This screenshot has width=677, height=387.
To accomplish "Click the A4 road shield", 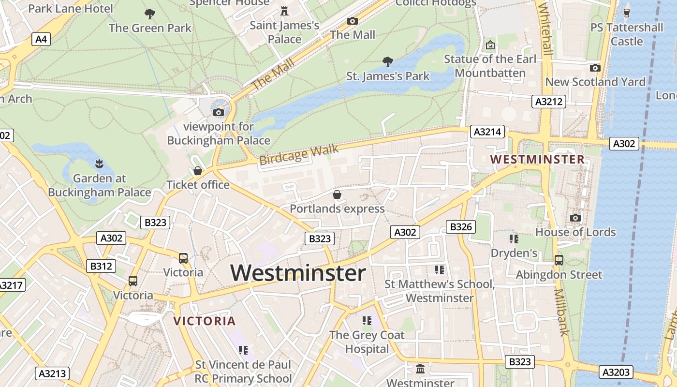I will click(41, 39).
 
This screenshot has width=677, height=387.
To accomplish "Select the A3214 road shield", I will click(488, 132).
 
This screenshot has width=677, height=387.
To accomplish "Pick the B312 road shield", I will click(101, 266).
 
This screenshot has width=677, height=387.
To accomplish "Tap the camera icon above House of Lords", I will click(575, 218).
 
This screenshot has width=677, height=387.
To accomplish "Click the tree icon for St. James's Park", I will click(387, 61).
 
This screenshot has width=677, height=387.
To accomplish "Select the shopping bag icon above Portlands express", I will click(337, 194).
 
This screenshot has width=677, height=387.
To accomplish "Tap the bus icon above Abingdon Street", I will click(559, 260).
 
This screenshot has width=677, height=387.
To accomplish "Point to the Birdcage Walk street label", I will click(299, 155).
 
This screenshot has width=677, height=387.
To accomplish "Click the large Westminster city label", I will click(298, 273).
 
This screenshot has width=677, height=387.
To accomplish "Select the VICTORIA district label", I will click(205, 321).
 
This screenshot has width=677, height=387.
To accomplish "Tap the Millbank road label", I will click(561, 312).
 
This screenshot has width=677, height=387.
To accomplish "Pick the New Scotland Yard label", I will click(595, 82).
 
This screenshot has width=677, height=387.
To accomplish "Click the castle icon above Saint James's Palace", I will click(284, 11).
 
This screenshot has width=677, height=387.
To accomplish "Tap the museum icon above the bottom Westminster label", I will click(420, 369).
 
